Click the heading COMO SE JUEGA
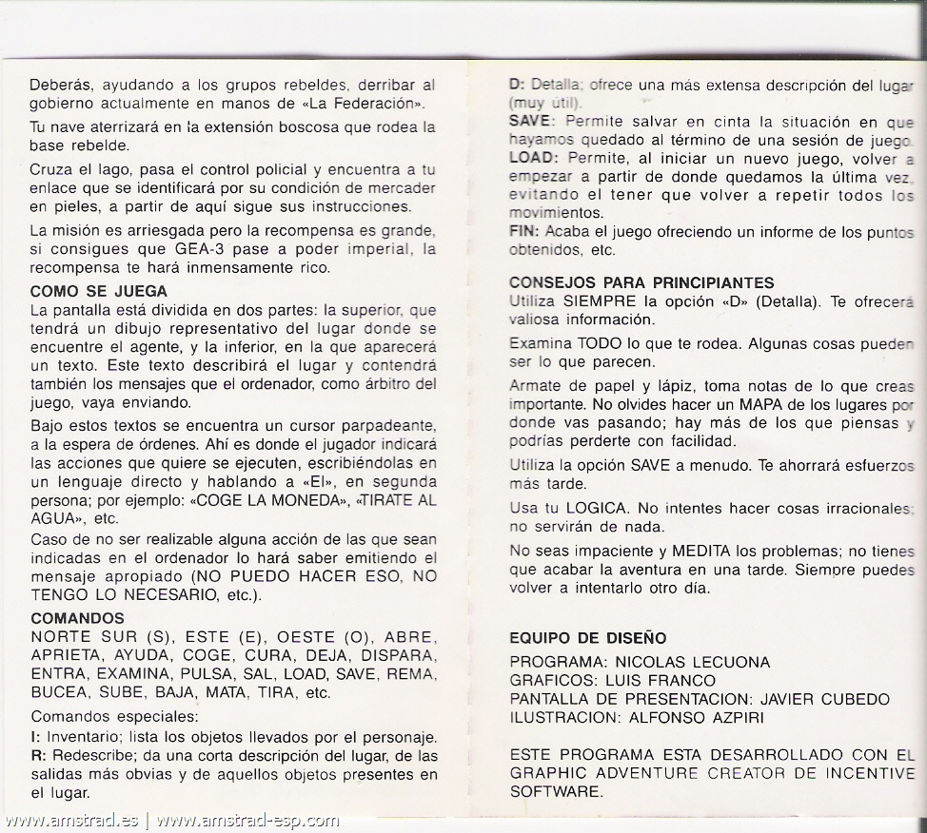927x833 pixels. (99, 291)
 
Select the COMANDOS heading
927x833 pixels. (77, 618)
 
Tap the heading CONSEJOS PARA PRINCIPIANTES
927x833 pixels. (641, 282)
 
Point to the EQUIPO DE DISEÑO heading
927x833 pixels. (587, 637)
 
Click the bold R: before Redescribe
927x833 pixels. (36, 756)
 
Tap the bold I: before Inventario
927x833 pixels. (33, 738)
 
